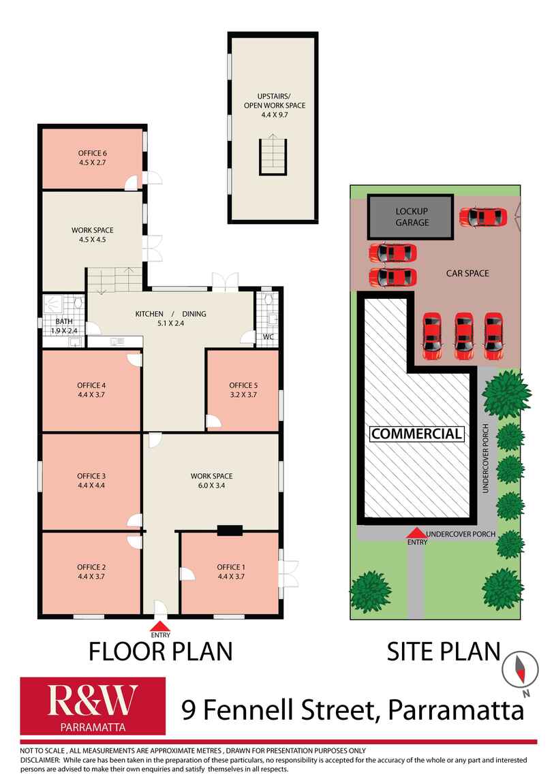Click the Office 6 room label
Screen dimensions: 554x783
point(93,153)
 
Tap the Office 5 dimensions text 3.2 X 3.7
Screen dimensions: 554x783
point(243,394)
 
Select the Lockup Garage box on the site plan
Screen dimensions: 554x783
point(411,217)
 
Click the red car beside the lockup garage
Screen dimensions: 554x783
point(483,217)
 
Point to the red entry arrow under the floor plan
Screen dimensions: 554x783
point(160,626)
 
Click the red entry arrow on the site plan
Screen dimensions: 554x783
point(417,533)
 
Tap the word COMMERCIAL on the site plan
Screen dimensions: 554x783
point(416,434)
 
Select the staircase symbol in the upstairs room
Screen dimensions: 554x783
point(273,155)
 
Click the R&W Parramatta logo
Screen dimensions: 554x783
point(93,705)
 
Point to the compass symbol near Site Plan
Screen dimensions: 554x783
point(521,669)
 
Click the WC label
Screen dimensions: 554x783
point(268,337)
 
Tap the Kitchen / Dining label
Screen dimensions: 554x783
point(171,314)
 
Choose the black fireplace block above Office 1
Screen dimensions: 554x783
point(230,530)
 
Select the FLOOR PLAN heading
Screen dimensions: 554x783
point(160,652)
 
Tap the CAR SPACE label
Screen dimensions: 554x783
point(467,273)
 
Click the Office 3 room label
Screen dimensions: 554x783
point(91,476)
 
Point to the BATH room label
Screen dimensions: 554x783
point(64,321)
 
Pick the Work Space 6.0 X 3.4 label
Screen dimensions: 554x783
point(211,481)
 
